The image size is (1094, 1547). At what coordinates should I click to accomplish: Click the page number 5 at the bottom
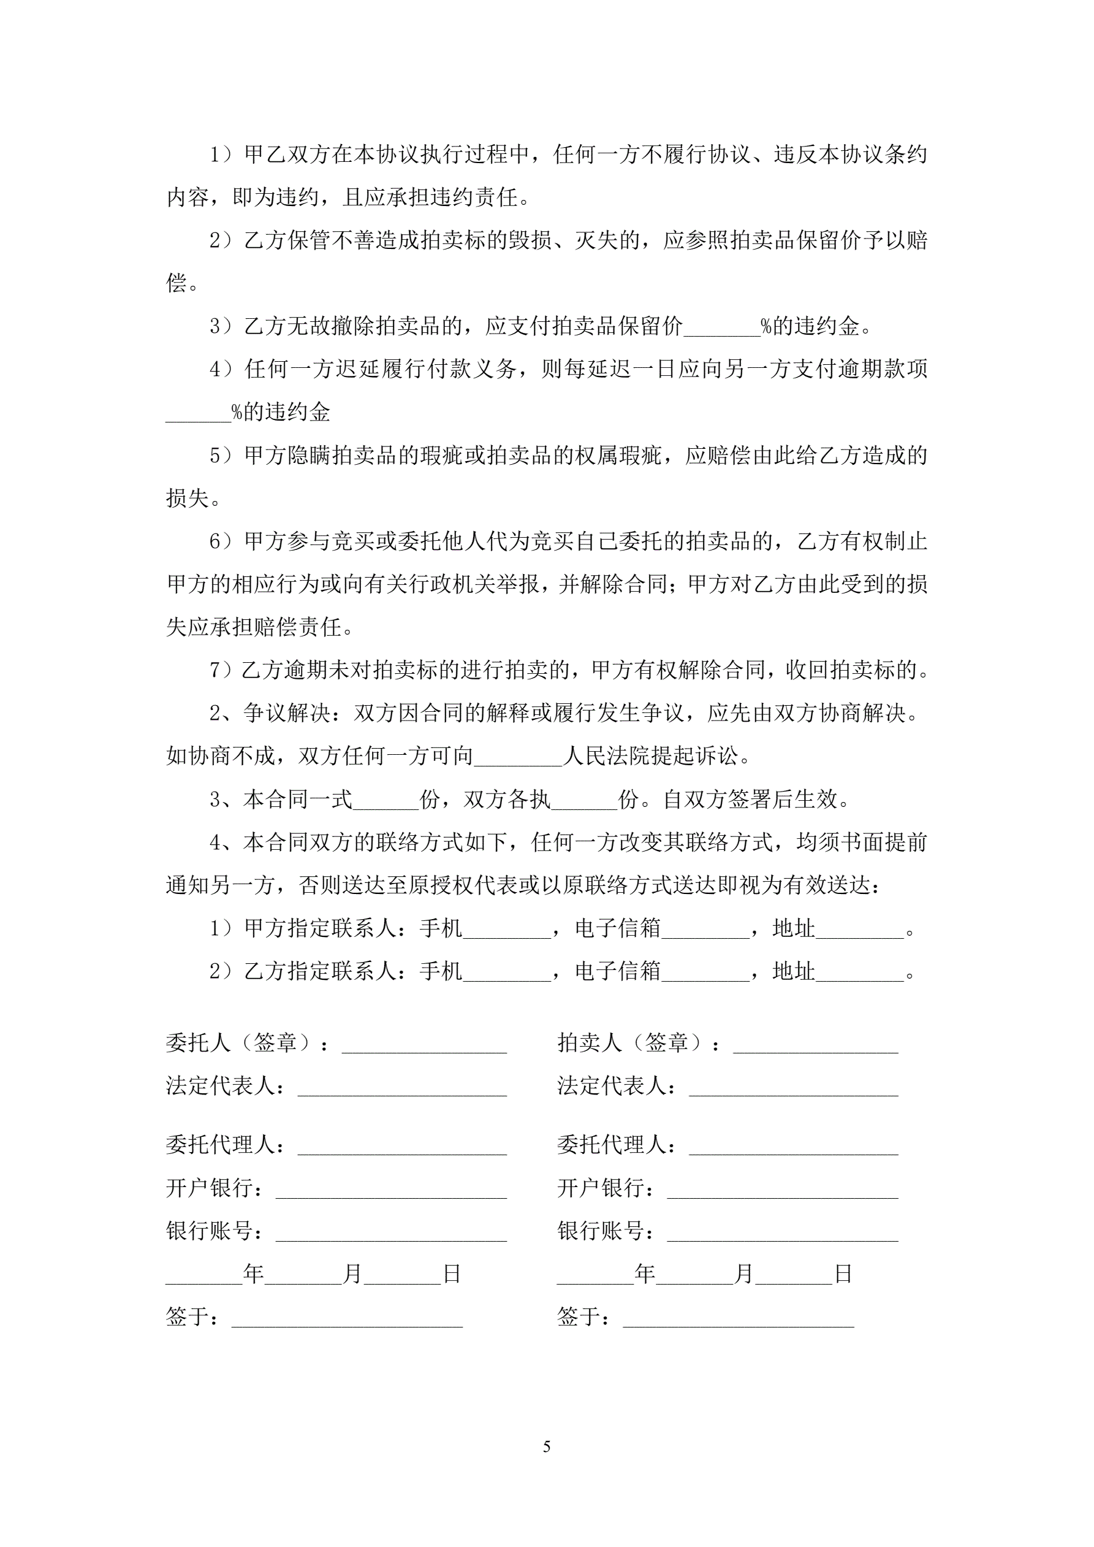coord(546,1446)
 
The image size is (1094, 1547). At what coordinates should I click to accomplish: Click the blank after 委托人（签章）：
coord(424,1044)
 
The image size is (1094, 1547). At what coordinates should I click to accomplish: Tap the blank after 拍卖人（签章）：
coord(815,1044)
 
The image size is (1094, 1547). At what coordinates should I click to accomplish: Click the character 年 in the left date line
coord(253,1274)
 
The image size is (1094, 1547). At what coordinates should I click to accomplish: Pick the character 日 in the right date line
coord(843,1274)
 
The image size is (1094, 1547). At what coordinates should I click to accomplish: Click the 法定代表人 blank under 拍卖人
coord(793,1087)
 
